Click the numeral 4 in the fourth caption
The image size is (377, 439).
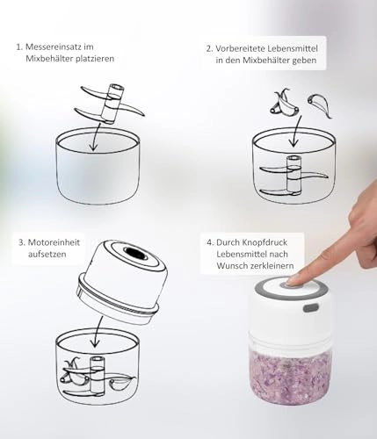tap(209, 240)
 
